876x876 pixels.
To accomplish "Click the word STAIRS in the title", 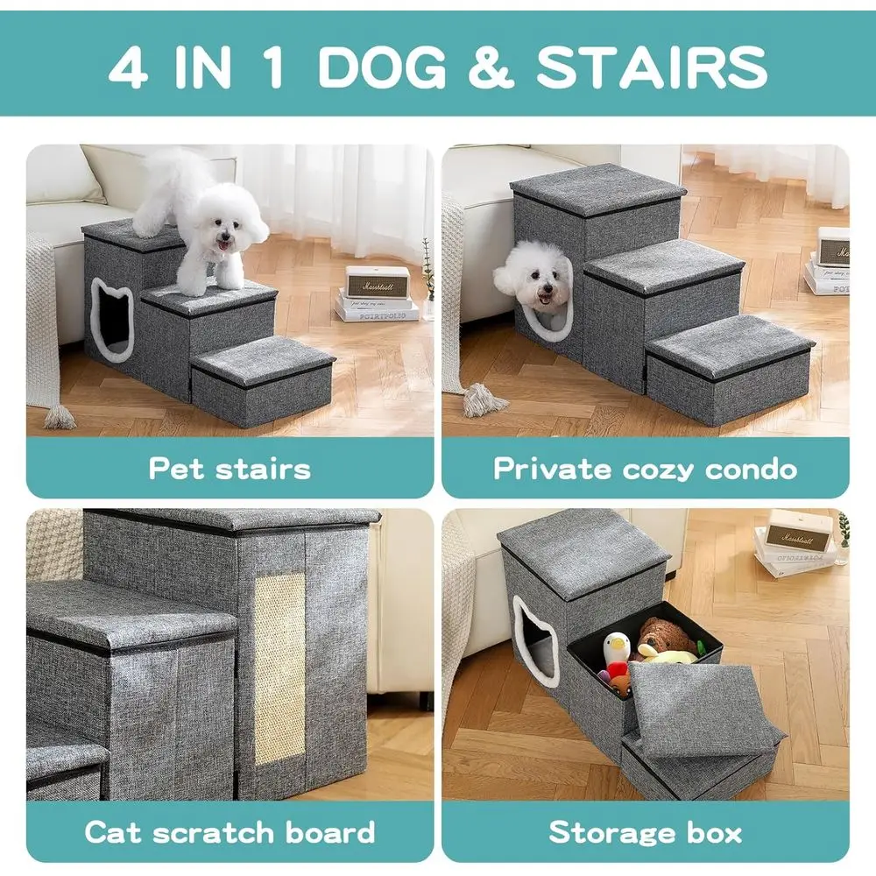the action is click(x=652, y=67).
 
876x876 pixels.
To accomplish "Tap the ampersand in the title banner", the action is click(x=490, y=67).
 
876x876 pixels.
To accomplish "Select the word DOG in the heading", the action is click(x=384, y=67).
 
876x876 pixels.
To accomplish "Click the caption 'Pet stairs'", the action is click(x=230, y=468).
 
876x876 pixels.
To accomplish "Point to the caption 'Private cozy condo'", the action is click(x=646, y=468).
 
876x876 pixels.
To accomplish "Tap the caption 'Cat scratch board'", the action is click(x=230, y=832).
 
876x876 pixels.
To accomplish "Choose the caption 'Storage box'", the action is click(x=646, y=832).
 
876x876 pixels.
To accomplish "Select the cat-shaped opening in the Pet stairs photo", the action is click(x=112, y=320).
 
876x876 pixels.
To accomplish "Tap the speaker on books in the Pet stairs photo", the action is click(x=378, y=283).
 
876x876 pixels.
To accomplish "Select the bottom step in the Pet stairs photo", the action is click(x=263, y=382).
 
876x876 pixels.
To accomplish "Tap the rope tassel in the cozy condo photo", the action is click(x=478, y=400).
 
